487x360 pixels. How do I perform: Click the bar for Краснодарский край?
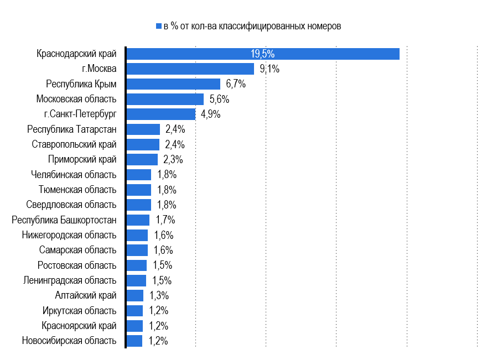pos(263,54)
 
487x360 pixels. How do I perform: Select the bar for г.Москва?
pos(190,69)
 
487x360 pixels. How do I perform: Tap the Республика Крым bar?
pos(173,84)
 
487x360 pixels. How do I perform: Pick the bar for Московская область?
pos(165,99)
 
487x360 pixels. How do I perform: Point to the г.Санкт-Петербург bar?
pos(161,114)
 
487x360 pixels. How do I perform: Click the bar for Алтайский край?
pos(135,295)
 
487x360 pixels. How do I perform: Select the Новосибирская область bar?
pos(134,341)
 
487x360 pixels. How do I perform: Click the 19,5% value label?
pos(263,54)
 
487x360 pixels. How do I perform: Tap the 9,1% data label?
pos(270,69)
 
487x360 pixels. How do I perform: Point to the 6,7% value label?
pos(236,84)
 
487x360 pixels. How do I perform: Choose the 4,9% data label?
pos(211,114)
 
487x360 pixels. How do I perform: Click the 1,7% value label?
pos(165,220)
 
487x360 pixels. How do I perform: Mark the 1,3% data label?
pos(159,295)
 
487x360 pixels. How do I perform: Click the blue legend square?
pos(159,26)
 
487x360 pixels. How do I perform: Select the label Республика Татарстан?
pos(72,129)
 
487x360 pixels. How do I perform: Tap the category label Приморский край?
pos(82,159)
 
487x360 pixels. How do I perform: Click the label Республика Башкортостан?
pos(64,220)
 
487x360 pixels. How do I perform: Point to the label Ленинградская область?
pos(70,280)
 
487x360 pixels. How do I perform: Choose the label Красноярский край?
pos(79,326)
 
